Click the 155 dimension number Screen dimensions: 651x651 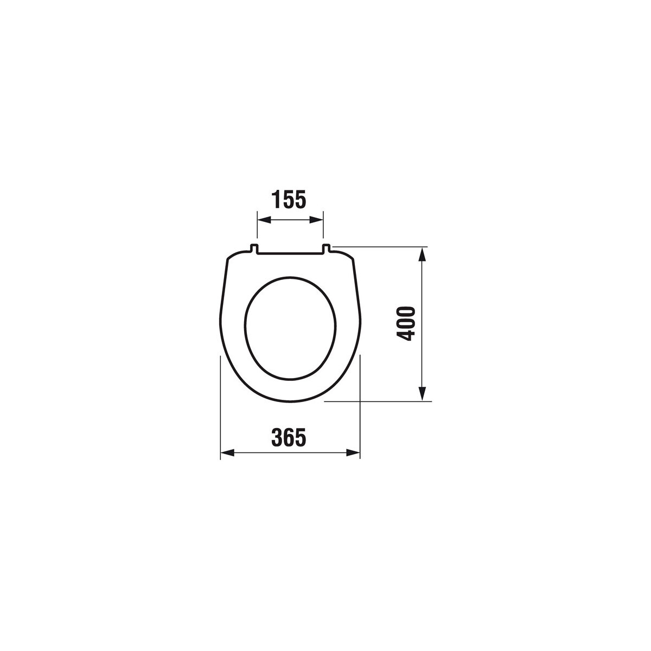click(x=290, y=199)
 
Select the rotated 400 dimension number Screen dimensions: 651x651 click(x=405, y=323)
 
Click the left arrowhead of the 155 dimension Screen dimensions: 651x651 click(x=264, y=220)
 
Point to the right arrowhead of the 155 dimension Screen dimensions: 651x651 click(x=316, y=220)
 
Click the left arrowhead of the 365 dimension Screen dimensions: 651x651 click(x=227, y=453)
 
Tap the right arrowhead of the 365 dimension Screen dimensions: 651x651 click(x=353, y=453)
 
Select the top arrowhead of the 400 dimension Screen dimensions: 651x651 click(x=422, y=254)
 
